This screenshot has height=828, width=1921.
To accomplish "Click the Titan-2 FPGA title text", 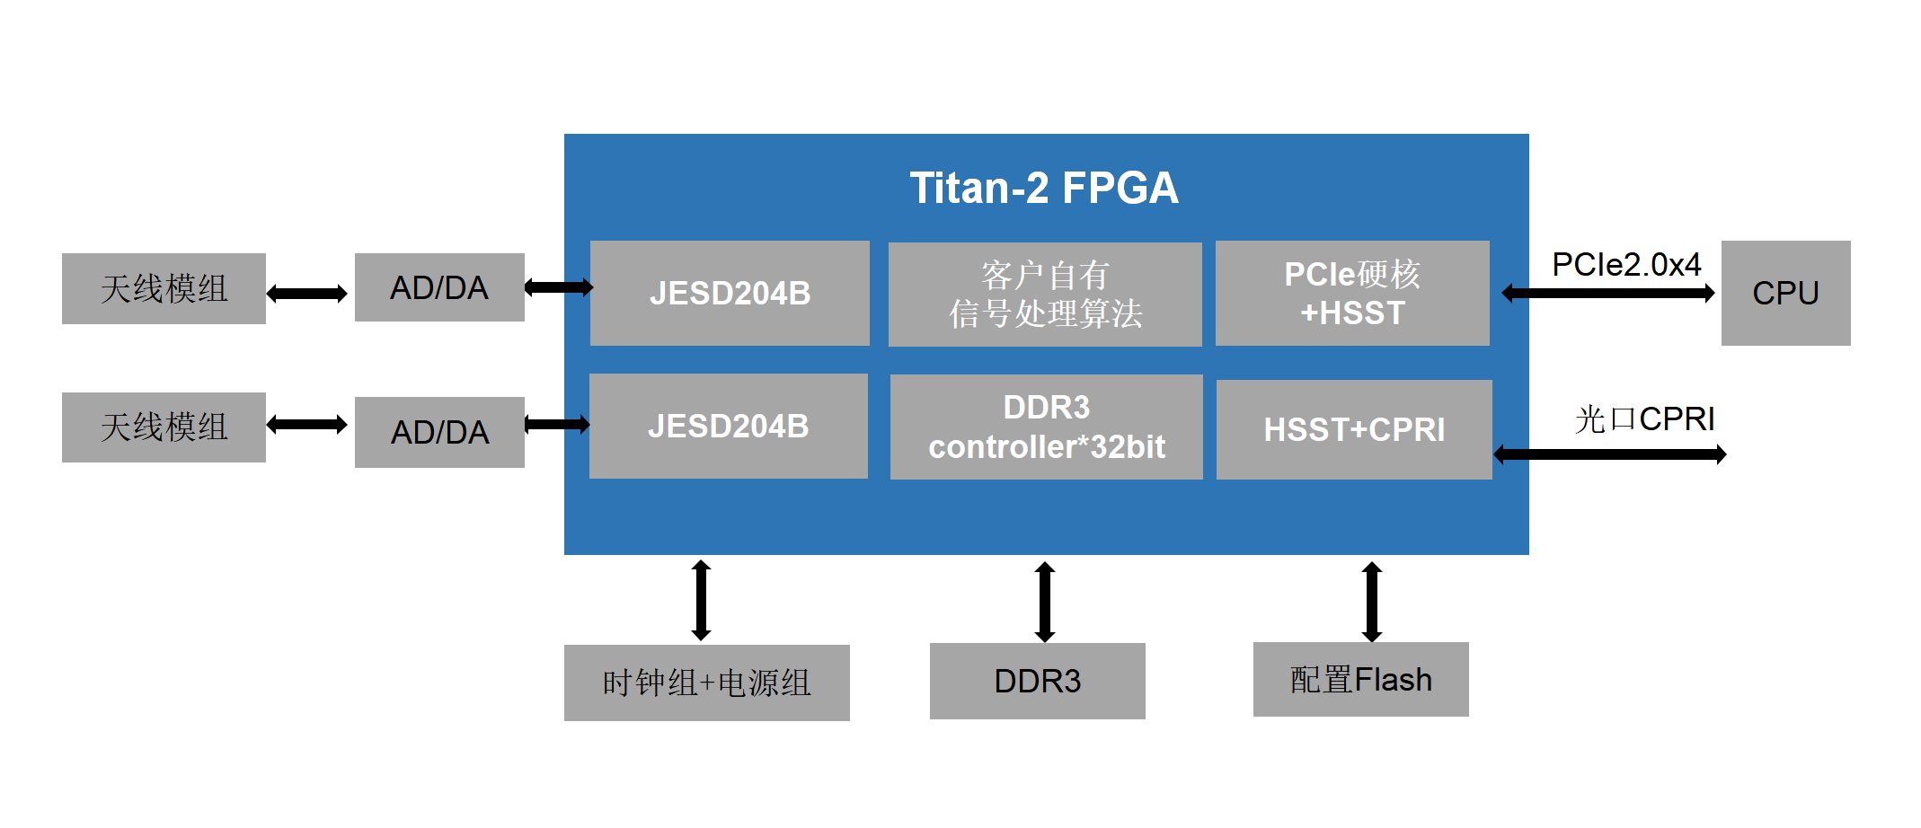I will pos(1044,189).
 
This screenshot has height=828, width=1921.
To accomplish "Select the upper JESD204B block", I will pos(730,293).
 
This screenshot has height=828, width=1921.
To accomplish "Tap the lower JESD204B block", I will pos(728,426).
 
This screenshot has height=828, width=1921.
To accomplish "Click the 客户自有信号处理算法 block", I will pos(1045,294).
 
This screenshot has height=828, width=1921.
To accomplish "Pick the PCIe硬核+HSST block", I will pos(1352,293).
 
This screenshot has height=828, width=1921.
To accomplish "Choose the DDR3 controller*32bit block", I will pos(1046,427).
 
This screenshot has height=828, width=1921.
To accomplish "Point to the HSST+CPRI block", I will pos(1354,429).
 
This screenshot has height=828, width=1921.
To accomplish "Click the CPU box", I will pos(1785,293).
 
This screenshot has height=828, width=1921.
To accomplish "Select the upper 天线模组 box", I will pos(164,288).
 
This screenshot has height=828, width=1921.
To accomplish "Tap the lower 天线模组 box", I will pos(164,427).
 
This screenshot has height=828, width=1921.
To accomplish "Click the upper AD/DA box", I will pos(439,287).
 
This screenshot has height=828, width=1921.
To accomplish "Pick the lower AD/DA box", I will pos(439,432).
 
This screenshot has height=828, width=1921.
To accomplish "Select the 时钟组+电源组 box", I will pos(706,683).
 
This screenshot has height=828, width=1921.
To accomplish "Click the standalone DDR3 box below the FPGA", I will pos(1037,681).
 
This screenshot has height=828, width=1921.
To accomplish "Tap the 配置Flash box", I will pos(1360,679).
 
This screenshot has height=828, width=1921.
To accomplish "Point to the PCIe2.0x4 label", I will pos(1626,264).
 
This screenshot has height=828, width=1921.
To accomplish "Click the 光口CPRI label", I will pos(1644,418).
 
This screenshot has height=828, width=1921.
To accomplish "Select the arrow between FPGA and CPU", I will pos(1608,293).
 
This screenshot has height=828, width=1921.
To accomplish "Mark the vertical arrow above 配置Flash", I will pos(1371,601).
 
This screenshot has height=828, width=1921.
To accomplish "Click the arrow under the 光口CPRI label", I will pos(1609,454).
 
